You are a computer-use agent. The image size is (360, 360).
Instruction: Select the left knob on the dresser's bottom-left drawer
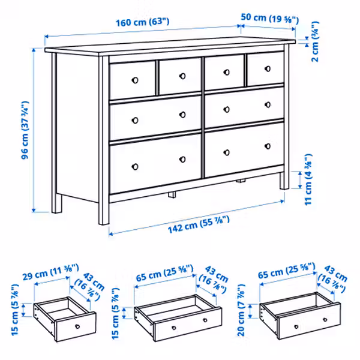136,166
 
